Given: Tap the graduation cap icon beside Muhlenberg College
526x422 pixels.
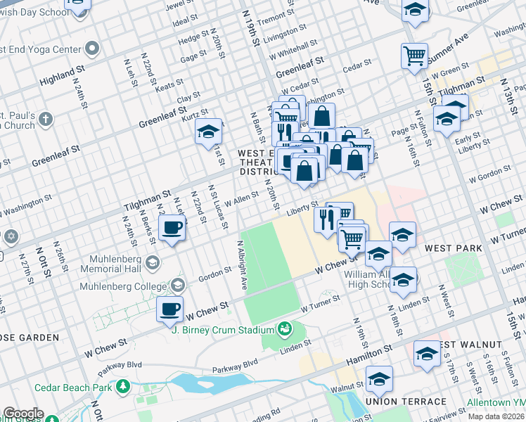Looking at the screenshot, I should coord(179,285).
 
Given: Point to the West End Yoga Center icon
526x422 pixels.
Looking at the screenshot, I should coord(92,49).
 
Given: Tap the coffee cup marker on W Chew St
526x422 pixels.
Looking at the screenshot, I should coord(169,309).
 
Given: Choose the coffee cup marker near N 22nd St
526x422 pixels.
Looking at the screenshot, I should coord(172,228).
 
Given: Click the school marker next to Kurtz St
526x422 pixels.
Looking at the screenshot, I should coord(208,132).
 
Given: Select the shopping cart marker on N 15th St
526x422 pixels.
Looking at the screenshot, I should coord(415,55).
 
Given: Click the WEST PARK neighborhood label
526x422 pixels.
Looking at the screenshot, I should coord(453,248).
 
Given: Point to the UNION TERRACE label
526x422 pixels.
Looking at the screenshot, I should coord(406,402).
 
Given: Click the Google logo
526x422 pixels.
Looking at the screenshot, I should coord(23,414).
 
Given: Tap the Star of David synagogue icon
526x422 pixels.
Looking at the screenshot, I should coord(9,237).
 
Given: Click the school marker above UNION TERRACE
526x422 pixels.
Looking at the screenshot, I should coord(379,379).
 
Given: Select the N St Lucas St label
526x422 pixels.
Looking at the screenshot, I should coord(217,207).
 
